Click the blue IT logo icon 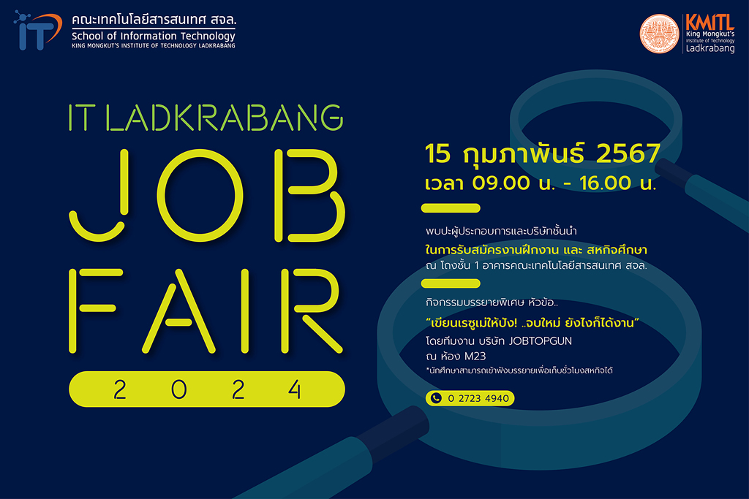[x=38, y=31]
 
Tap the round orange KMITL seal [x=659, y=34]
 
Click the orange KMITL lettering [x=710, y=23]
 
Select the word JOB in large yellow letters [x=207, y=196]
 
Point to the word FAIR [x=206, y=311]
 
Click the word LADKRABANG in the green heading [x=224, y=118]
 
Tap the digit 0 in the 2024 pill [x=178, y=389]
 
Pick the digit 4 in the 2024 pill [x=296, y=389]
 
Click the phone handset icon [x=436, y=398]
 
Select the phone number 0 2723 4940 [x=478, y=398]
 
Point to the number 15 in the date [x=437, y=153]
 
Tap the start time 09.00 [x=501, y=183]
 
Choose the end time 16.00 [x=606, y=183]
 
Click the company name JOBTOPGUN [x=541, y=341]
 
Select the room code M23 [x=475, y=357]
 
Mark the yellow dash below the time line [x=451, y=208]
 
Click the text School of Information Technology [x=154, y=36]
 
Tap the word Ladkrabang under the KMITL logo [x=710, y=48]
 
